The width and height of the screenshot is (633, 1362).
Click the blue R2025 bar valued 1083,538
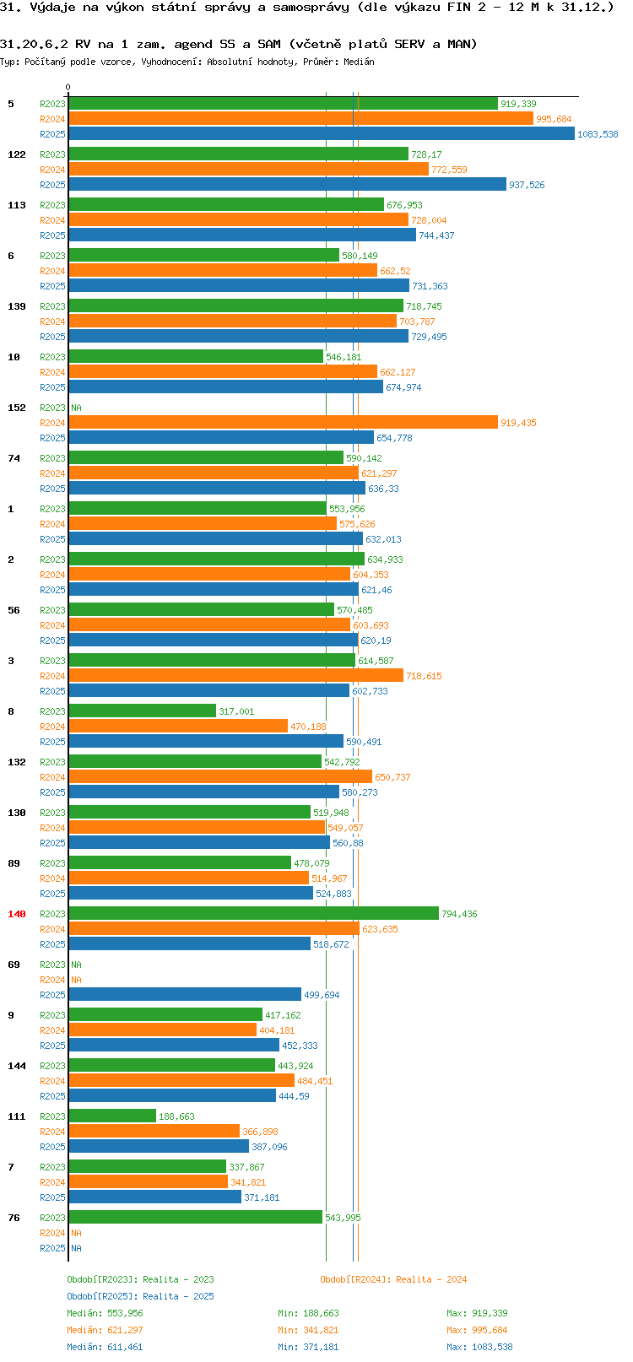(x=322, y=134)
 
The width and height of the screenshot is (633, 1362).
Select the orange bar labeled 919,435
(x=284, y=423)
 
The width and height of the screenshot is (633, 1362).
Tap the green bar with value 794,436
(x=253, y=913)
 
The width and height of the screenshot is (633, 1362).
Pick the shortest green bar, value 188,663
(x=112, y=1116)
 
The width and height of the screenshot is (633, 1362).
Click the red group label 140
(x=16, y=914)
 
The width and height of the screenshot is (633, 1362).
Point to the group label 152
(x=16, y=408)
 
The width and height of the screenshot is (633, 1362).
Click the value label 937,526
(x=527, y=185)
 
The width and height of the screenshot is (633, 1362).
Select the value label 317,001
(x=236, y=711)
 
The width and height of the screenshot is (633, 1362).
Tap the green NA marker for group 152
(x=76, y=408)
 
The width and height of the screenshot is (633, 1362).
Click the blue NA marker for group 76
(x=76, y=1248)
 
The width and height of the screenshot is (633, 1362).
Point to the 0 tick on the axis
(x=68, y=87)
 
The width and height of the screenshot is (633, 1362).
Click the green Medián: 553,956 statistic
(x=105, y=1313)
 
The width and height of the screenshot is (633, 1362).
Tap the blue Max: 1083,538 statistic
(x=479, y=1347)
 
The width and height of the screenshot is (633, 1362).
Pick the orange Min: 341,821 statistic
(x=308, y=1330)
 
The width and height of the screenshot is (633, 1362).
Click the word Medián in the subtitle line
(x=359, y=62)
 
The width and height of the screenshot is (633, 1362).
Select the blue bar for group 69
(x=185, y=994)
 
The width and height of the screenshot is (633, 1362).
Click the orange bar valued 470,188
(x=178, y=726)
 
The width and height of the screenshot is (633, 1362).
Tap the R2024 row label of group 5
(x=52, y=119)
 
